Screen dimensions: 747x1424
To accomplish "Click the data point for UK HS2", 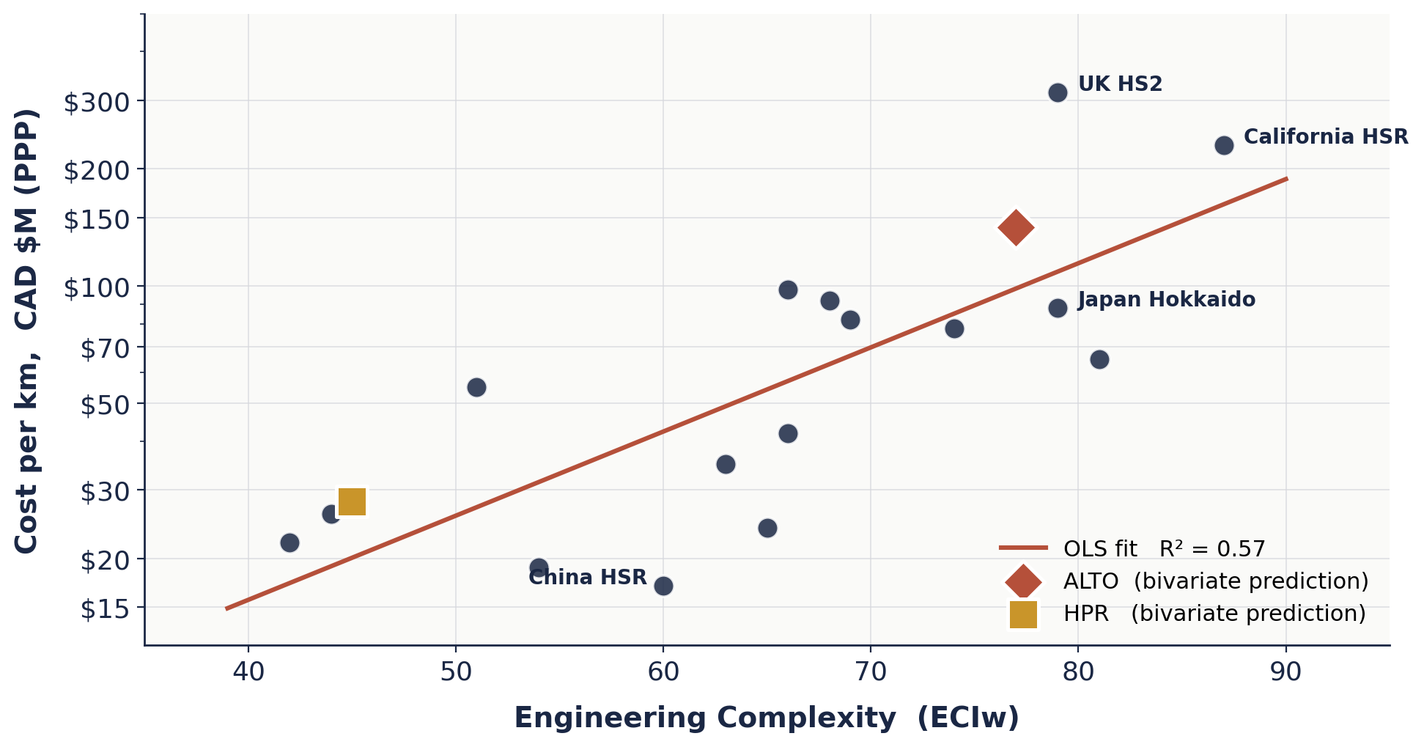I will click(1057, 92).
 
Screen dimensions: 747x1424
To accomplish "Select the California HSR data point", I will click(1223, 145).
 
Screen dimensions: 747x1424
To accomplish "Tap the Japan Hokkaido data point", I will click(1057, 308).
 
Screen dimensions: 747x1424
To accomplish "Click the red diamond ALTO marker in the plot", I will click(1015, 227).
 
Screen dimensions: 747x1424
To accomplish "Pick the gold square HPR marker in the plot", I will click(352, 501).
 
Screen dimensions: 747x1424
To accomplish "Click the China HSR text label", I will click(587, 578).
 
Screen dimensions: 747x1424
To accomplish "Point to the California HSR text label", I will click(1326, 137).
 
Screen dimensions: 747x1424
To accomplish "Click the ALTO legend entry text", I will click(1215, 581).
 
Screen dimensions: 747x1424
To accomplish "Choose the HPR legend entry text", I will click(1214, 614).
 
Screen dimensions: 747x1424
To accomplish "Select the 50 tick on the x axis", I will click(455, 671).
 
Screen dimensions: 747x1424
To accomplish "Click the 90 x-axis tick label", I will click(1285, 671).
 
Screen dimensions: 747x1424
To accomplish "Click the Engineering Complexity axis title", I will click(766, 718).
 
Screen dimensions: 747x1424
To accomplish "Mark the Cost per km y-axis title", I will click(26, 331).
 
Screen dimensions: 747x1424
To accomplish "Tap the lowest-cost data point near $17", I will click(663, 586).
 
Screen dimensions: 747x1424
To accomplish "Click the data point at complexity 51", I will click(476, 387).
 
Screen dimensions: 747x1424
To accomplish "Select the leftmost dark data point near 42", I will click(289, 542).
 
